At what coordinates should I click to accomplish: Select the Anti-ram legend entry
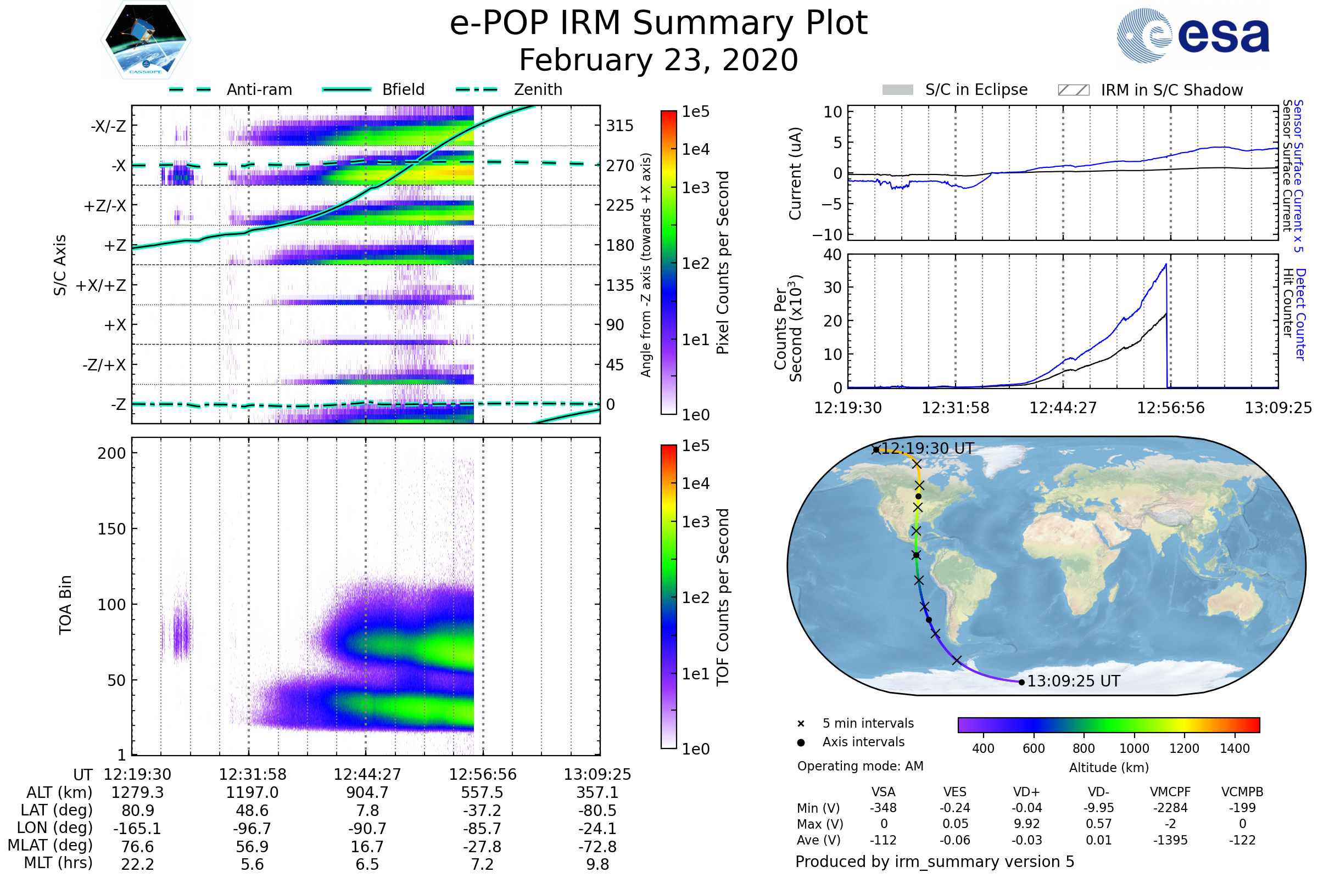(x=230, y=89)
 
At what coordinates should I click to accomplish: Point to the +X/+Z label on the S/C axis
(x=101, y=285)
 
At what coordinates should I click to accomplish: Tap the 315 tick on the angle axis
(x=620, y=126)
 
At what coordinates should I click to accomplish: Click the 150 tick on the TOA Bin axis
(x=112, y=529)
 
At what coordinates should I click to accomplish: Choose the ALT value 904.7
(x=367, y=792)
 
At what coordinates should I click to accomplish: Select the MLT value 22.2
(x=137, y=864)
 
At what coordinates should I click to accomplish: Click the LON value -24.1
(x=597, y=828)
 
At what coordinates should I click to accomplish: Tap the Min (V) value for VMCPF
(x=1170, y=808)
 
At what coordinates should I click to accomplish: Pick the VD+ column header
(x=1026, y=792)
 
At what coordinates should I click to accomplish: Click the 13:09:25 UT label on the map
(x=1073, y=682)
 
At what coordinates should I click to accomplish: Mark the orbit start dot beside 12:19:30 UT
(x=876, y=449)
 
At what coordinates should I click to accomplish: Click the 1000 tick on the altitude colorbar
(x=1134, y=748)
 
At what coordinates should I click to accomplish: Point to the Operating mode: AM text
(x=860, y=766)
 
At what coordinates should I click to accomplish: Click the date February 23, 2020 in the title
(x=658, y=60)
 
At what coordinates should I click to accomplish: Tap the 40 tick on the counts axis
(x=832, y=255)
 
